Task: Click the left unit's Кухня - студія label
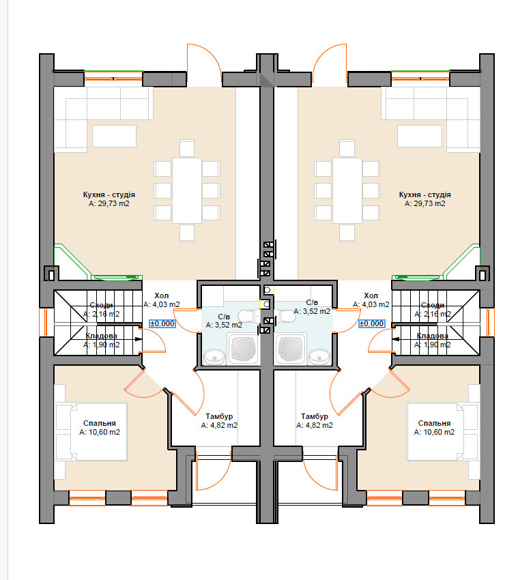pos(109,199)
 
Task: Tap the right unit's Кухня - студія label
pos(425,199)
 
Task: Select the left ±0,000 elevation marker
pos(162,323)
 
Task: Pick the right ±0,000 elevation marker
pos(372,323)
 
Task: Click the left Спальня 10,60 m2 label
pos(100,428)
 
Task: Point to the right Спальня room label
pos(434,428)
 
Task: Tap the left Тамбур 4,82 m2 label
pos(219,421)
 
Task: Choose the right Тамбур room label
pos(315,421)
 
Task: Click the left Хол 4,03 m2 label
pos(162,300)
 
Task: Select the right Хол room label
pos(371,300)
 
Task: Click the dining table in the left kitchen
pos(187,190)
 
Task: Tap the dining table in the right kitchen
pos(347,190)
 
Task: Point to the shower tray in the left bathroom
pos(243,349)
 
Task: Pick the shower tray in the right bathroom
pos(291,349)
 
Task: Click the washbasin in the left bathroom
pos(214,357)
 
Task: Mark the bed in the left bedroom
pos(91,431)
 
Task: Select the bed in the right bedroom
pos(443,431)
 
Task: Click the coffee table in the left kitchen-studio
pos(115,136)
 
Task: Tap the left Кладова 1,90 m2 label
pos(102,340)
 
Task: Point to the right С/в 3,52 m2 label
pos(312,307)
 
